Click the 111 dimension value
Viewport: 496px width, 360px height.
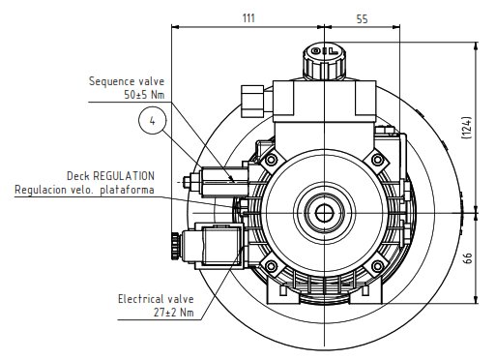[248, 18]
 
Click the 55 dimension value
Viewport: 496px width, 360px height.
[362, 19]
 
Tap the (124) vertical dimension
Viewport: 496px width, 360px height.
[467, 128]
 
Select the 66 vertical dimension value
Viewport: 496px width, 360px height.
[468, 258]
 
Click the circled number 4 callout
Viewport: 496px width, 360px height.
[152, 121]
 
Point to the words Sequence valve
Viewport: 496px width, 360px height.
[127, 81]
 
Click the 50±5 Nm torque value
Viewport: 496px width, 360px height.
[144, 95]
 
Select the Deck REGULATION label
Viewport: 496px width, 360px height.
[110, 176]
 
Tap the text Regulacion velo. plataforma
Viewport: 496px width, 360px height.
[84, 190]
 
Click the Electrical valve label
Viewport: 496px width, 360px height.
[156, 299]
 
